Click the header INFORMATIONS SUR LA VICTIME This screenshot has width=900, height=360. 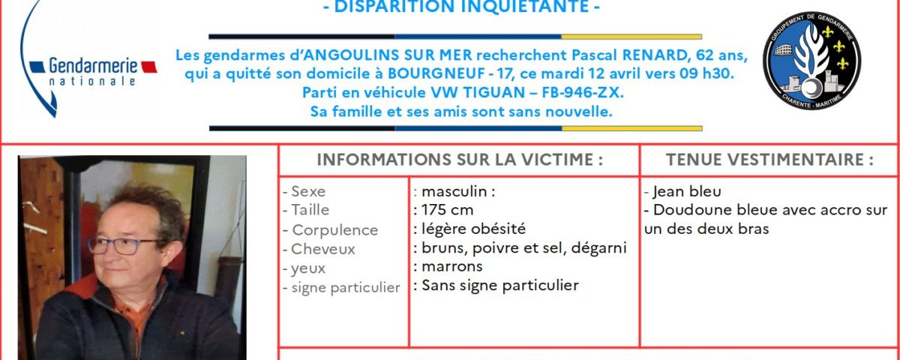460,160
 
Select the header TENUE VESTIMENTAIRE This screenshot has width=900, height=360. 769,160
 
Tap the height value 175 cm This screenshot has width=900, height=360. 447,211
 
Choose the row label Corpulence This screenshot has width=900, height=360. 334,230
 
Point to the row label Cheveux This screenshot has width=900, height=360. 323,249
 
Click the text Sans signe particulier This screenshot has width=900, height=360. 500,286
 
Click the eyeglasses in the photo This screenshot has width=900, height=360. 126,245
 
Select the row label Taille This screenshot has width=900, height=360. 310,211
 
